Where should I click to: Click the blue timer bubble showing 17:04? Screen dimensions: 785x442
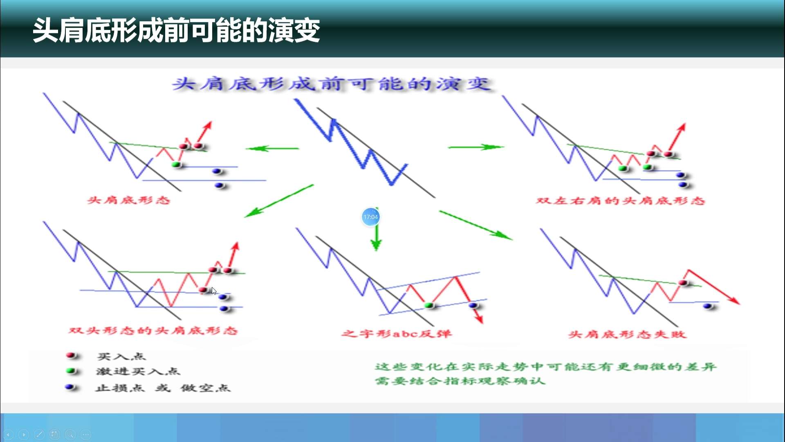coord(370,217)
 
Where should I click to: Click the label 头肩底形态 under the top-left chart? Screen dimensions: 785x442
coord(129,200)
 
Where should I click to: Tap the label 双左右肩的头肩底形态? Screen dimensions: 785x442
coord(621,201)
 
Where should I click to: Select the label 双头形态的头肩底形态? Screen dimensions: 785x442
coord(153,331)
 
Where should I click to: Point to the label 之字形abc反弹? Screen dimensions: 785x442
coord(397,334)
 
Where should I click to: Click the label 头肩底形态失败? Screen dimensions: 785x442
coord(627,334)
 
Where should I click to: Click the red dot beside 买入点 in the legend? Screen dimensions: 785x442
coord(72,355)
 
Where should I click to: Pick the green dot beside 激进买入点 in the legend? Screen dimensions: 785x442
coord(72,371)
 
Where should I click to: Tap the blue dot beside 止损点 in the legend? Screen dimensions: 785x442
coord(70,387)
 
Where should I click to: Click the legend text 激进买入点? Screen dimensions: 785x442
coord(138,371)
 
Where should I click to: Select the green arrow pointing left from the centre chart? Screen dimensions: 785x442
coord(272,148)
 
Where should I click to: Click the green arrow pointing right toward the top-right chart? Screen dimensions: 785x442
coord(476,147)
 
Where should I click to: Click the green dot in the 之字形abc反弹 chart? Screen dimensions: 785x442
coord(428,305)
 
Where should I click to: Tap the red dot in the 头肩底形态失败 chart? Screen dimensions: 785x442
coord(683,283)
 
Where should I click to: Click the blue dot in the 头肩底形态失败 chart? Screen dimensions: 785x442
coord(707,306)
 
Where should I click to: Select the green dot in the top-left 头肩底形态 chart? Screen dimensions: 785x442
coord(176,165)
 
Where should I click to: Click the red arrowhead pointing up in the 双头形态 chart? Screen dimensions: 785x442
coord(235,246)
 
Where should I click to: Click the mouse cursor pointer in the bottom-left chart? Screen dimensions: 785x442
coord(214,291)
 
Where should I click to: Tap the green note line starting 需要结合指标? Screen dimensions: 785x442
coord(460,381)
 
